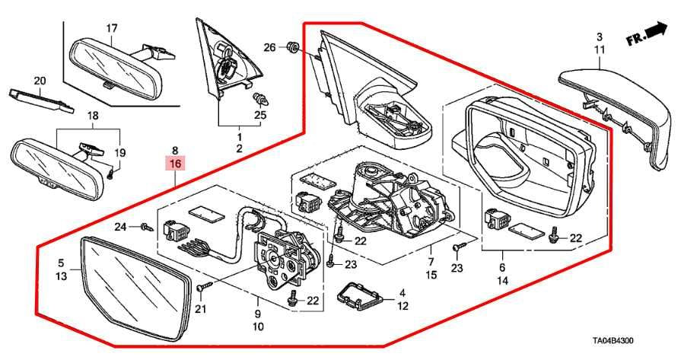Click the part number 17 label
(x=111, y=29)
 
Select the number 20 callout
(x=40, y=81)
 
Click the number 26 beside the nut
(x=269, y=48)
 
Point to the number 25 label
(x=260, y=115)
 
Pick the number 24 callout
(x=120, y=226)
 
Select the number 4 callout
(x=403, y=293)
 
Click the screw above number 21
(x=202, y=288)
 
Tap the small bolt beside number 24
(x=142, y=226)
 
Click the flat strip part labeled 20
(x=40, y=100)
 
